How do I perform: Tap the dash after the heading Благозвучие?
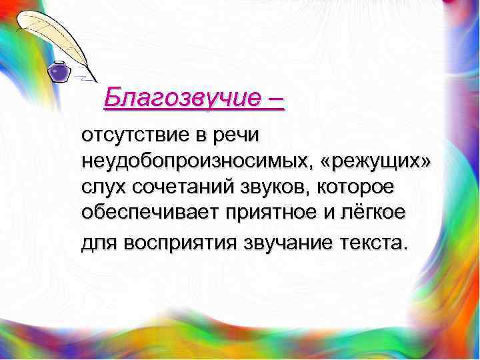274,100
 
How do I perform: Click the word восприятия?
175,243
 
